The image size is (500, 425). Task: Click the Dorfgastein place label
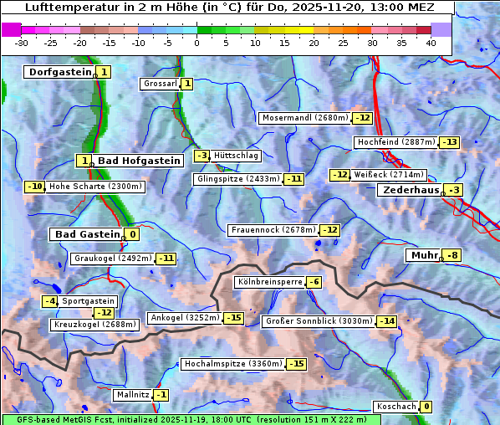59,72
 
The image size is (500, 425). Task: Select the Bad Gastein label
88,234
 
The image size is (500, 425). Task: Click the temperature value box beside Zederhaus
453,190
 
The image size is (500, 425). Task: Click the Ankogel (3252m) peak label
184,318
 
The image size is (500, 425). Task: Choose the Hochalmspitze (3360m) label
233,364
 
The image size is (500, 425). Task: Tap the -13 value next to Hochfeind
450,142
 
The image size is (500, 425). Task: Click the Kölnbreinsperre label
268,282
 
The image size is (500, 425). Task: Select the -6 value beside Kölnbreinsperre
314,282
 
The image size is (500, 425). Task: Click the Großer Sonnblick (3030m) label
318,321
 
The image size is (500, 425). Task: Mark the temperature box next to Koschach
426,407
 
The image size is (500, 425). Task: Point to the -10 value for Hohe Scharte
34,187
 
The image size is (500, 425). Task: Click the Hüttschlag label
236,156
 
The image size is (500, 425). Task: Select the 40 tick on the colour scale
431,43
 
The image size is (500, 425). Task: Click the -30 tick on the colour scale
22,43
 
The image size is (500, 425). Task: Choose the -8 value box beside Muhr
452,255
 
